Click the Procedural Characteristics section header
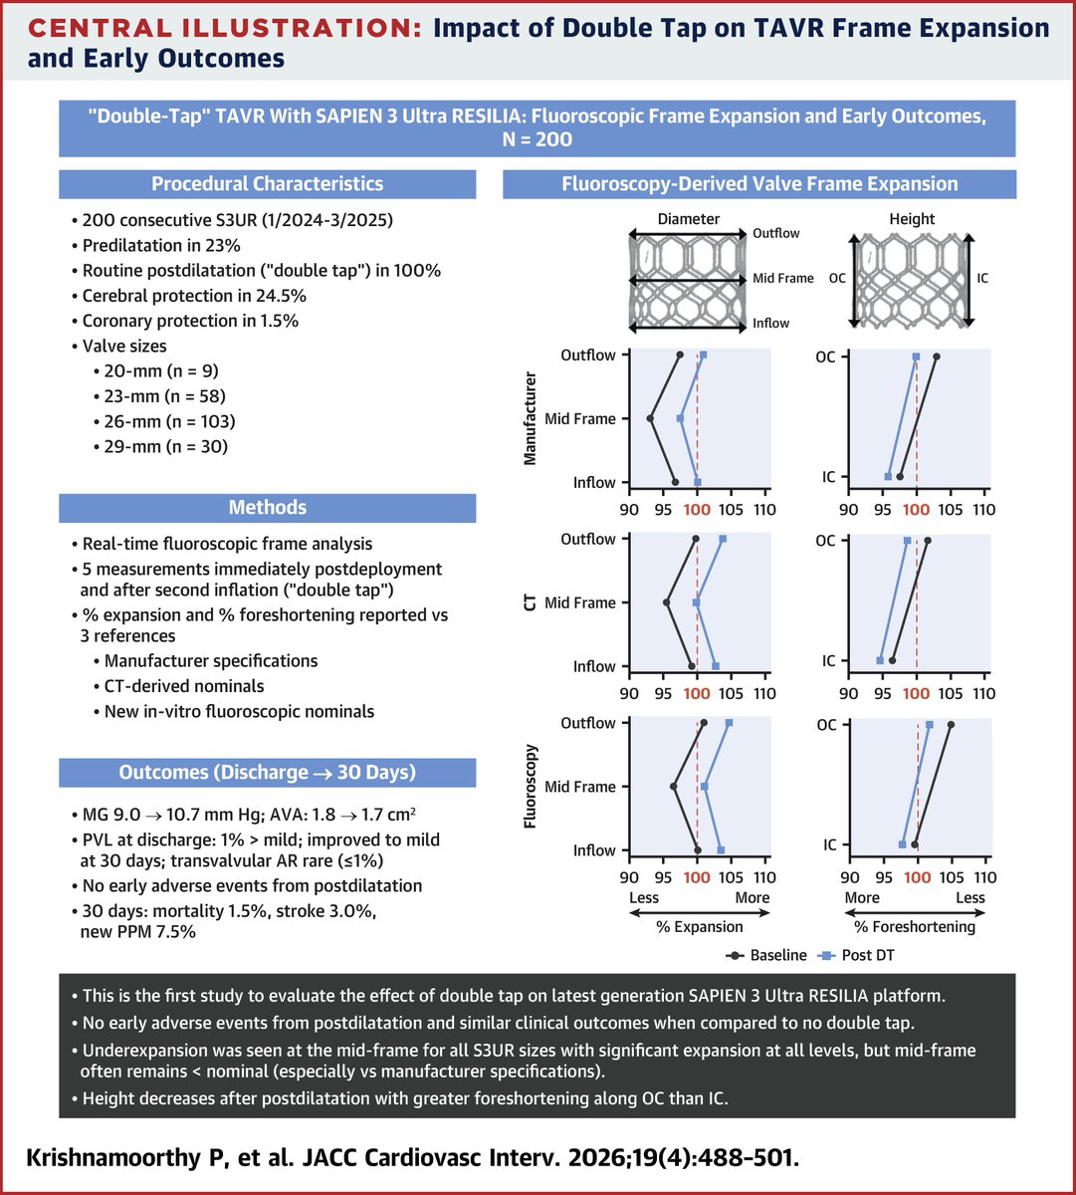click(267, 184)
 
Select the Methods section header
click(267, 508)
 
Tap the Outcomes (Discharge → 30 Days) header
click(267, 773)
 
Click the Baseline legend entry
click(767, 955)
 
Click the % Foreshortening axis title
click(917, 926)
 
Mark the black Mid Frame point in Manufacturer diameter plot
click(650, 418)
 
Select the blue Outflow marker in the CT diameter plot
click(723, 539)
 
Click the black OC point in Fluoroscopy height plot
click(951, 725)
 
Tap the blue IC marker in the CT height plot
click(880, 660)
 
